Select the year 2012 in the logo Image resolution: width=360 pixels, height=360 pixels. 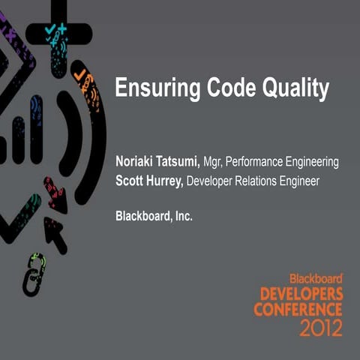coord(320,327)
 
